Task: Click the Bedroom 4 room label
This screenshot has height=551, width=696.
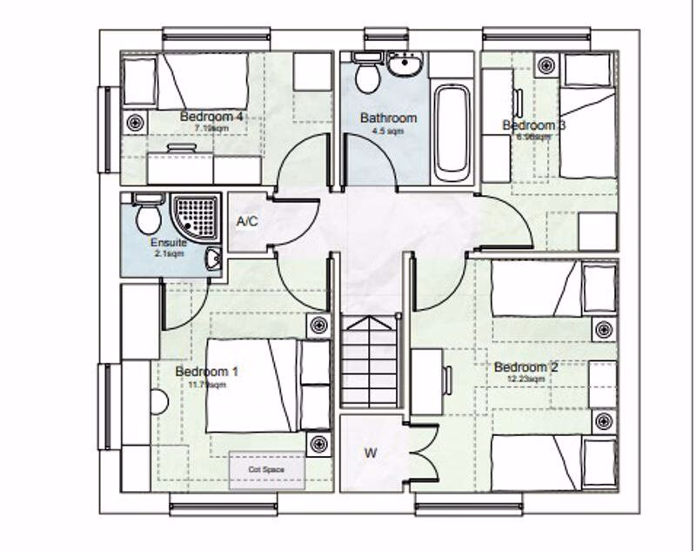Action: pos(211,117)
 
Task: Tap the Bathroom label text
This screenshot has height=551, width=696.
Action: pos(389,118)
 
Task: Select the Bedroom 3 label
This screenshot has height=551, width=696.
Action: pos(534,125)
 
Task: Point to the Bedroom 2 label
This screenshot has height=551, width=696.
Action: pos(526,366)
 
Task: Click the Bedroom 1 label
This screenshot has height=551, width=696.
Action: pos(207,372)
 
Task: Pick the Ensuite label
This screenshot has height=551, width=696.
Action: pos(168,243)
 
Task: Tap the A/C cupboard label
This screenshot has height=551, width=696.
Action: pos(247,222)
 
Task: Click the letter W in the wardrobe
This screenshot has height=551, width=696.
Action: pos(370,453)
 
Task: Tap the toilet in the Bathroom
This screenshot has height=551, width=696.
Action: pos(367,75)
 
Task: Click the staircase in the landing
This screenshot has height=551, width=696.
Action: pos(369,361)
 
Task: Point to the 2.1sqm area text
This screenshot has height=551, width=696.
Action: pos(168,254)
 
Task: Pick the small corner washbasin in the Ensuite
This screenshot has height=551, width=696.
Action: pos(213,258)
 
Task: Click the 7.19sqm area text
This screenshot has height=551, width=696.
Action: pos(211,129)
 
